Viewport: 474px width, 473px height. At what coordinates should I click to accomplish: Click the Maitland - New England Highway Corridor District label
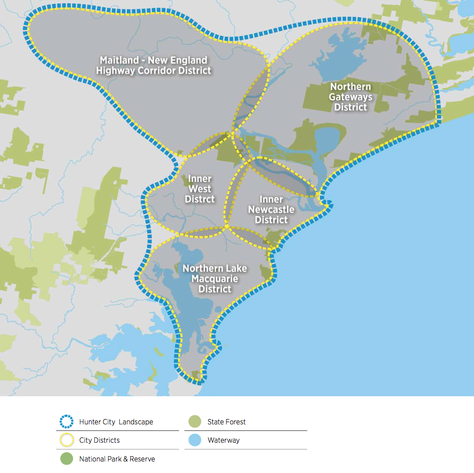[x=154, y=65]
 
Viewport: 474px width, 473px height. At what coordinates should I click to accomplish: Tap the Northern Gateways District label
[x=350, y=97]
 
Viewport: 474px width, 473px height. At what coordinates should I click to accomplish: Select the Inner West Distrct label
[x=199, y=189]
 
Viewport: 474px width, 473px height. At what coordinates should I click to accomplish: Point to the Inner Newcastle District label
[x=271, y=209]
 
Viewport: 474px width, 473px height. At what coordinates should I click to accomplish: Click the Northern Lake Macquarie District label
[x=214, y=279]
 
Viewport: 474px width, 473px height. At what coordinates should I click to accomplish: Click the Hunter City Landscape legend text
[x=116, y=422]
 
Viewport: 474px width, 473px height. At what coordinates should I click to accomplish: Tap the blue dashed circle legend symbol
[x=67, y=422]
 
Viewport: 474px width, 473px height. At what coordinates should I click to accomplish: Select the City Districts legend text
[x=99, y=440]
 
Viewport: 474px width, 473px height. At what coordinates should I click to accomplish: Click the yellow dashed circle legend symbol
[x=67, y=440]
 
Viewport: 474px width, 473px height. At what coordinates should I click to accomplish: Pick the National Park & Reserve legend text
[x=117, y=459]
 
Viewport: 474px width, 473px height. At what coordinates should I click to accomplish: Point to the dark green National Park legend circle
[x=67, y=459]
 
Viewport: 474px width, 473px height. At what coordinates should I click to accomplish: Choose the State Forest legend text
[x=226, y=422]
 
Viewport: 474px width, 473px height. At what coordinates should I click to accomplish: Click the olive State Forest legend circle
[x=195, y=422]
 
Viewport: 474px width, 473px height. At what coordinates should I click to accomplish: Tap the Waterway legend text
[x=223, y=440]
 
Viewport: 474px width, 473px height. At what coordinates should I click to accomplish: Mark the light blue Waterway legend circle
[x=195, y=440]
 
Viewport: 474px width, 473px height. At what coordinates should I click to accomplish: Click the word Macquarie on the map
[x=214, y=279]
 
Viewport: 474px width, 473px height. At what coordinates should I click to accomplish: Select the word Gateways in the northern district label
[x=350, y=97]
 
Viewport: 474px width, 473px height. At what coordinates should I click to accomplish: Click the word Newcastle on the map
[x=271, y=209]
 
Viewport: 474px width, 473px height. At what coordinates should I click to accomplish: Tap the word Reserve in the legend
[x=142, y=459]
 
